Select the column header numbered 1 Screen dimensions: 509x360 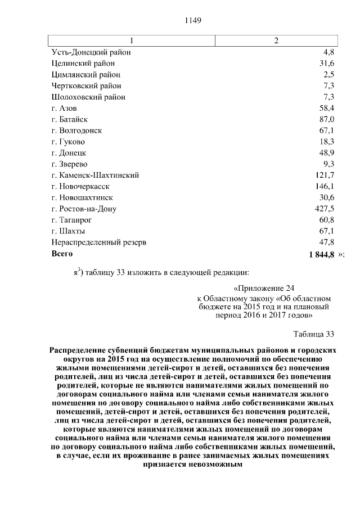(x=132, y=41)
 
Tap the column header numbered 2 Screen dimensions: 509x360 (x=276, y=41)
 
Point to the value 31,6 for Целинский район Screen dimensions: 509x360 (x=327, y=63)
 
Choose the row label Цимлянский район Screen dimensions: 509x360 (x=85, y=74)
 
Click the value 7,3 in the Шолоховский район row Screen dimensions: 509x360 (x=329, y=97)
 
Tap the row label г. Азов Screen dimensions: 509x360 (x=64, y=108)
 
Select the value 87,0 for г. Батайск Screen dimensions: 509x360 (x=327, y=119)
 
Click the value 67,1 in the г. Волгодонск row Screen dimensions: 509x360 (x=327, y=130)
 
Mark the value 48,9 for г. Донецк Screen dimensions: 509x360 (x=327, y=153)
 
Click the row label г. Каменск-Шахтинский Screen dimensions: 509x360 (x=95, y=175)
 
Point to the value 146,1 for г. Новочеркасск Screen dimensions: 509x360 (x=325, y=187)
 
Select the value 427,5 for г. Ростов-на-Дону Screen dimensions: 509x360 (x=325, y=209)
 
